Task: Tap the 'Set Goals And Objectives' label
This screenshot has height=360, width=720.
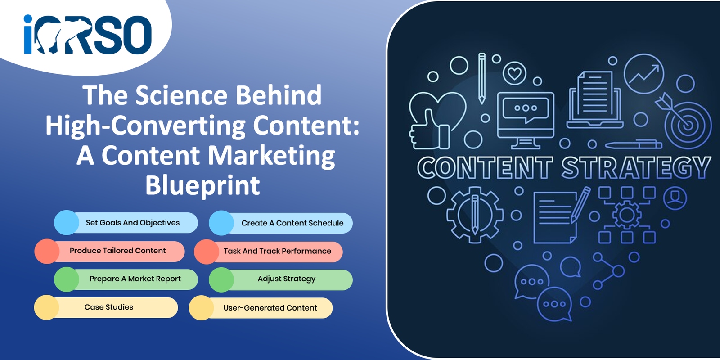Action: [133, 223]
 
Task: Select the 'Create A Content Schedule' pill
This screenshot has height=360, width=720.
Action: [281, 223]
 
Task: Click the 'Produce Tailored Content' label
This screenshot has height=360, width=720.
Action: [117, 251]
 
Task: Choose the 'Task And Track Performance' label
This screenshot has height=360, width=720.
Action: [277, 251]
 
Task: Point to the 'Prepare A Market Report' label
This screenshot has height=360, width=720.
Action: [135, 279]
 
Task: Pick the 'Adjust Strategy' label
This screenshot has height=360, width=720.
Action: [286, 279]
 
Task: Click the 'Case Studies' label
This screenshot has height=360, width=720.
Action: [108, 307]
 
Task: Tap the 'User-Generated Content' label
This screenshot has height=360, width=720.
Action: [270, 308]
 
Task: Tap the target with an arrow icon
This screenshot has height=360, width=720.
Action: [684, 121]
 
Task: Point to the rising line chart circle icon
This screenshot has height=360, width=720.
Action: [644, 74]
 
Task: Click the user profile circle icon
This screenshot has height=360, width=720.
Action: [675, 198]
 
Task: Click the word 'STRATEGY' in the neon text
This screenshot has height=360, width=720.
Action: [636, 167]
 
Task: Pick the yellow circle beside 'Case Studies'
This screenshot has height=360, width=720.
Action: [47, 307]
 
